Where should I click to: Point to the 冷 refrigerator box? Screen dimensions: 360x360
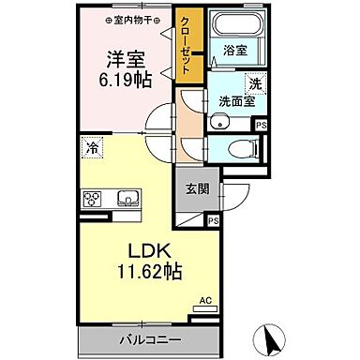tap(92, 147)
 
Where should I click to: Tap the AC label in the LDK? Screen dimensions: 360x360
tap(205, 301)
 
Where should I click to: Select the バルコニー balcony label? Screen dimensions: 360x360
tap(152, 338)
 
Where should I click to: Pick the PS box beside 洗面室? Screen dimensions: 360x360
tap(262, 125)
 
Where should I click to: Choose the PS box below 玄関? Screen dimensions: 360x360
tap(214, 221)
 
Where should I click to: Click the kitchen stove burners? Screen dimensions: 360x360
tap(94, 199)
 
